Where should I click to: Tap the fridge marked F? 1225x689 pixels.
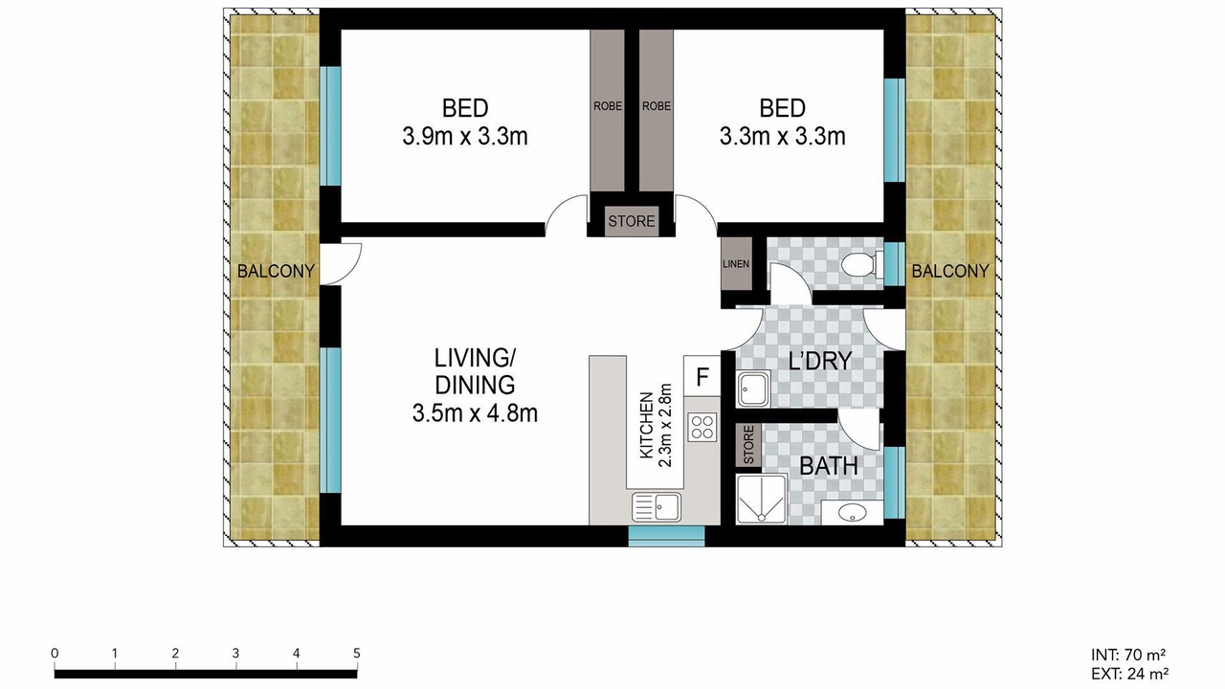pos(702,376)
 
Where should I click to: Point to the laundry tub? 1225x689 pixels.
pos(753,389)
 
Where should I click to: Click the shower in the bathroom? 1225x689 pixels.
pos(761,500)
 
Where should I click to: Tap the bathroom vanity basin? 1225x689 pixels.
pos(852,512)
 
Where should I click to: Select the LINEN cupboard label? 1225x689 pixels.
pos(736,264)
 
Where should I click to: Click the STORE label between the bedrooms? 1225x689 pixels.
pos(631,221)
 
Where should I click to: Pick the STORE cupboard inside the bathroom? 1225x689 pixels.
pos(748,445)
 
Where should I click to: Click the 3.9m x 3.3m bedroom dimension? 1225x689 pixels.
pos(465,136)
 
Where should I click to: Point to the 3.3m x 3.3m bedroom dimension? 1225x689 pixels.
pos(782,136)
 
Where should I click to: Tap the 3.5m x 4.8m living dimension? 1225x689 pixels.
pos(475,413)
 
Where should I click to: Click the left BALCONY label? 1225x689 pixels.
pos(276,271)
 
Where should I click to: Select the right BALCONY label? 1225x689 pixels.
pos(950,271)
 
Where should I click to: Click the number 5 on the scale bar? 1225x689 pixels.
pos(357,653)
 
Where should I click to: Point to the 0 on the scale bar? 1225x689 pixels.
pos(55,653)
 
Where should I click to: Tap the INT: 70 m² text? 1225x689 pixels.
pos(1127,655)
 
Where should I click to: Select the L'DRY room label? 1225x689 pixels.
pos(820,361)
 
